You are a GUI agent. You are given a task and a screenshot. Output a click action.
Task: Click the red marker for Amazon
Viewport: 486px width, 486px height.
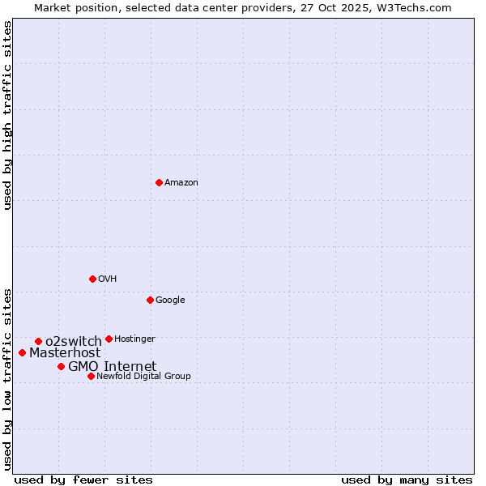159,182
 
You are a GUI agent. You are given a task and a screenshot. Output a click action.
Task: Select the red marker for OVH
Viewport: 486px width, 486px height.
92,279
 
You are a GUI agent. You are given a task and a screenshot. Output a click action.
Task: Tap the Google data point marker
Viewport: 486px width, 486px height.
150,300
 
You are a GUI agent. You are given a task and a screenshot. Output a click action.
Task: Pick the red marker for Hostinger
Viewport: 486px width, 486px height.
109,339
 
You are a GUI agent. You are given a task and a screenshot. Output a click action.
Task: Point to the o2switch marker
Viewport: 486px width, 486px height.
38,341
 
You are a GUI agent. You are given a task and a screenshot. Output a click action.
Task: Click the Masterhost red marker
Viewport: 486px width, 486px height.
22,352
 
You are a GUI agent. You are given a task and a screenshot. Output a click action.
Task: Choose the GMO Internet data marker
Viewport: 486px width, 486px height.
61,366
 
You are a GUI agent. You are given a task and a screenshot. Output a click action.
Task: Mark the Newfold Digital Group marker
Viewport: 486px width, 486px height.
91,376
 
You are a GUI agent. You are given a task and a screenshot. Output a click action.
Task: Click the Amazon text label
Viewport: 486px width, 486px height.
181,183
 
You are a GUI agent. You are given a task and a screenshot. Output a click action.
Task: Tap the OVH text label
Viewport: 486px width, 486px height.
108,279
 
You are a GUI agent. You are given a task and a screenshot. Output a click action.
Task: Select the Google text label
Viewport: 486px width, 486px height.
170,301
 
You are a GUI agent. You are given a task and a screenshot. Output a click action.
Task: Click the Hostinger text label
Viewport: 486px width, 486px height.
134,339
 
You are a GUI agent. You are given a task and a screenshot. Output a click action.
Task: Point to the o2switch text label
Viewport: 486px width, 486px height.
74,341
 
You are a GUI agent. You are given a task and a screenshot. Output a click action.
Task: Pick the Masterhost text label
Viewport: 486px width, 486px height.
65,353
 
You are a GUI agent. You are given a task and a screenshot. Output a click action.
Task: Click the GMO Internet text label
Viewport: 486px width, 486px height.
112,367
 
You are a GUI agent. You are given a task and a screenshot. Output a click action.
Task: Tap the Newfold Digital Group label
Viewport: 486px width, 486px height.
143,377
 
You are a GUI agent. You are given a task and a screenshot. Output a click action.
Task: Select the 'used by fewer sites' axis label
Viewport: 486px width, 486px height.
83,480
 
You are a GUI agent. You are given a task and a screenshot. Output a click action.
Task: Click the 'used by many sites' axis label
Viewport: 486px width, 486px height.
407,480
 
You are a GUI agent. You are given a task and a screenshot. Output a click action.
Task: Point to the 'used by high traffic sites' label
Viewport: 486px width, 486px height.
7,115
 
